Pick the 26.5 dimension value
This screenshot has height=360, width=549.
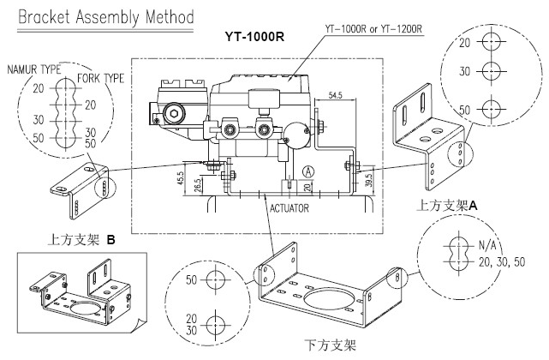pyautogui.click(x=200, y=185)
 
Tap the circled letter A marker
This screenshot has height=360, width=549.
pyautogui.click(x=307, y=171)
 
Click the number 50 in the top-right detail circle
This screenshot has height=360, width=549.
pyautogui.click(x=466, y=110)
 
